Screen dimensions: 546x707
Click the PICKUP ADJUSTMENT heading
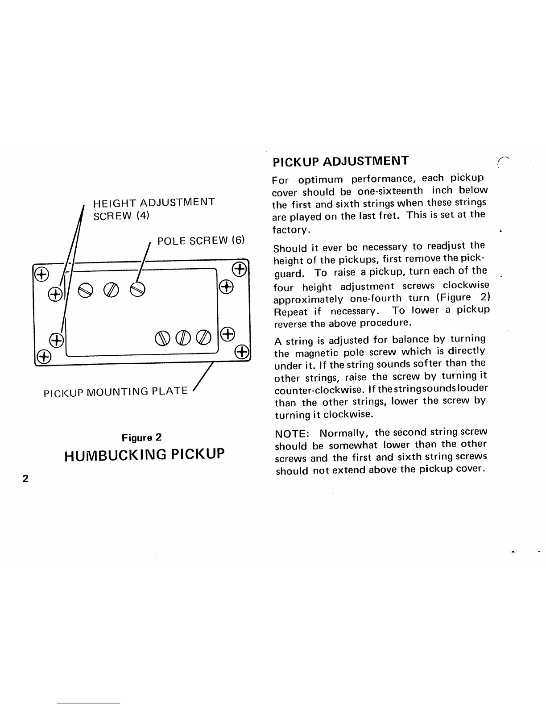coord(340,161)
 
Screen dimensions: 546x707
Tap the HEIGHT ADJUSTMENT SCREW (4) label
coord(153,208)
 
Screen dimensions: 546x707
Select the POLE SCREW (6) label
coord(201,241)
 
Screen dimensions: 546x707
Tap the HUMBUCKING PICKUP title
coord(144,455)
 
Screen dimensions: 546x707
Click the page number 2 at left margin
coord(25,478)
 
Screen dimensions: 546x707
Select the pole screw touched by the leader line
coord(137,291)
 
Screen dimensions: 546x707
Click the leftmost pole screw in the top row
coord(85,291)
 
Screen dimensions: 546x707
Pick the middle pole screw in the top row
coord(111,291)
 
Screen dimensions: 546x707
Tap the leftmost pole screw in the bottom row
coord(162,336)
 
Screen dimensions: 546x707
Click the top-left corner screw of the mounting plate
coord(41,274)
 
